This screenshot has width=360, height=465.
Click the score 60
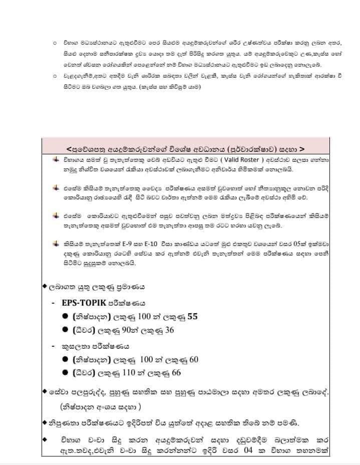[x=194, y=359]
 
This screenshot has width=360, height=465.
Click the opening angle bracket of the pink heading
[x=69, y=148]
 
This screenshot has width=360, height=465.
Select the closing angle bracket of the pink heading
[x=301, y=148]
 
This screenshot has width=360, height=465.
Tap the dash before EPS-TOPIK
[x=53, y=304]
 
